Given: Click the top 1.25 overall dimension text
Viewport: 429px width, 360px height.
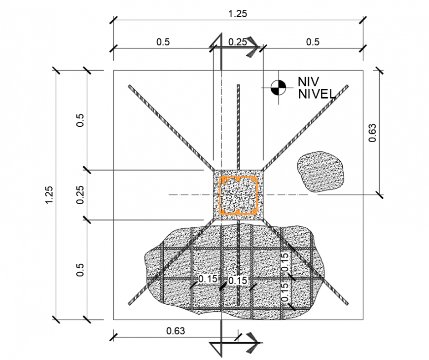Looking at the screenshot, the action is [237, 14].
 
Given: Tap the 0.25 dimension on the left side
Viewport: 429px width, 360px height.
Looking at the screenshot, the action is [81, 194].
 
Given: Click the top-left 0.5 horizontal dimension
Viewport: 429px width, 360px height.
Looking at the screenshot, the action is [163, 42].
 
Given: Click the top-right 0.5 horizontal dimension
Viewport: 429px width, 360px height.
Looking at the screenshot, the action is [313, 42].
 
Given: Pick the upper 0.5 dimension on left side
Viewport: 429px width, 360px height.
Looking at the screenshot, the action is [81, 120].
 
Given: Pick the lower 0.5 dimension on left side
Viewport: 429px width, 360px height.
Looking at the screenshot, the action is [81, 270].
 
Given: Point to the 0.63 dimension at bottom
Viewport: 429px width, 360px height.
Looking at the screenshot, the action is [176, 331].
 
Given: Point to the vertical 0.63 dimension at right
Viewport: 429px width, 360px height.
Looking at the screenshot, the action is [372, 132].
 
